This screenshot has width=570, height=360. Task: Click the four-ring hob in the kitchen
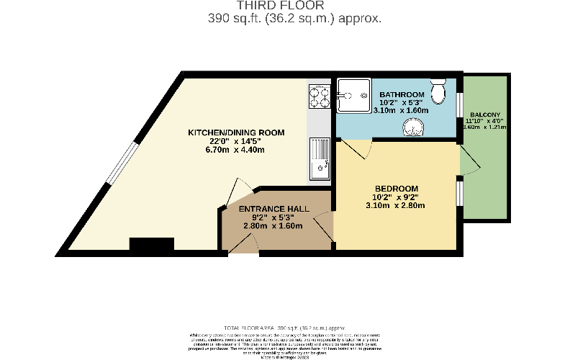click(320, 96)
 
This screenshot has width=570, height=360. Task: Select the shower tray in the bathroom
click(351, 96)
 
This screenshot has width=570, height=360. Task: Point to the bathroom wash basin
click(412, 127)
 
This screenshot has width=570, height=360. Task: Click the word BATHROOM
click(402, 94)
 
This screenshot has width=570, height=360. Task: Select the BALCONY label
click(486, 115)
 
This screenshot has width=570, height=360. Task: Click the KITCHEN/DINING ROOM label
click(236, 132)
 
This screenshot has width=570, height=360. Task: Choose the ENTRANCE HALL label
click(274, 208)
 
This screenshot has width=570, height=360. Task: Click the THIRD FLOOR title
click(285, 6)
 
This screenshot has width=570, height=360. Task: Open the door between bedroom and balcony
click(468, 162)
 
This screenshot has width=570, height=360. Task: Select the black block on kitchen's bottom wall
click(152, 245)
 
